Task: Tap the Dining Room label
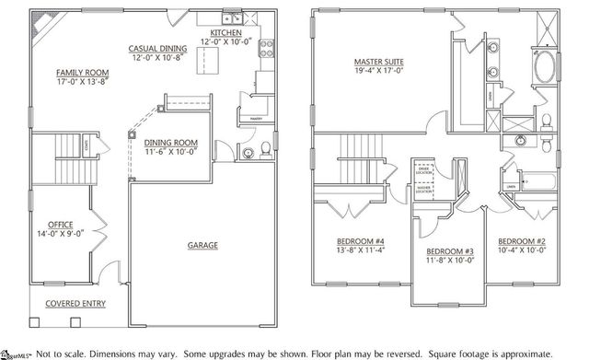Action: [x=171, y=142]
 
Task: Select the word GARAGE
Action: [x=202, y=245]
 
